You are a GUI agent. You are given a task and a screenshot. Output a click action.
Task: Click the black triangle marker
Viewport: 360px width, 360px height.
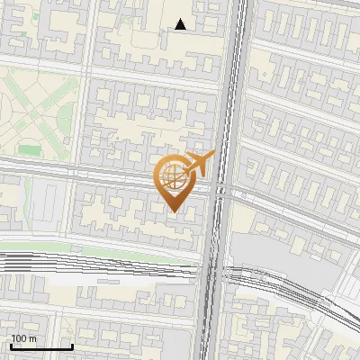pyautogui.click(x=181, y=24)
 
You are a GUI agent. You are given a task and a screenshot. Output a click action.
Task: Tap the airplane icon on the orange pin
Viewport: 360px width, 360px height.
pyautogui.click(x=199, y=163)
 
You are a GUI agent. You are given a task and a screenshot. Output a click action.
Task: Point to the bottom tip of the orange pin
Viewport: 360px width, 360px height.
pyautogui.click(x=173, y=211)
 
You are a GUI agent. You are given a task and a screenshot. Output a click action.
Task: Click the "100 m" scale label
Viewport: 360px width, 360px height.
pyautogui.click(x=23, y=337)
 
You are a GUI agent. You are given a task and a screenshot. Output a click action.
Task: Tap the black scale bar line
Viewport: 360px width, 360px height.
pyautogui.click(x=41, y=346)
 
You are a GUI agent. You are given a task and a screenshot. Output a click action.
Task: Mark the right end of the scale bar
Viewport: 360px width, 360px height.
pyautogui.click(x=72, y=346)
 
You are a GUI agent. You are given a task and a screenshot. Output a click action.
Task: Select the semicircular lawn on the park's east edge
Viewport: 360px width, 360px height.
pyautogui.click(x=73, y=112)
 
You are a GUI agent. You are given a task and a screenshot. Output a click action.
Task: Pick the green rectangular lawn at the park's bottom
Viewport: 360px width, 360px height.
pyautogui.click(x=30, y=151)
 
